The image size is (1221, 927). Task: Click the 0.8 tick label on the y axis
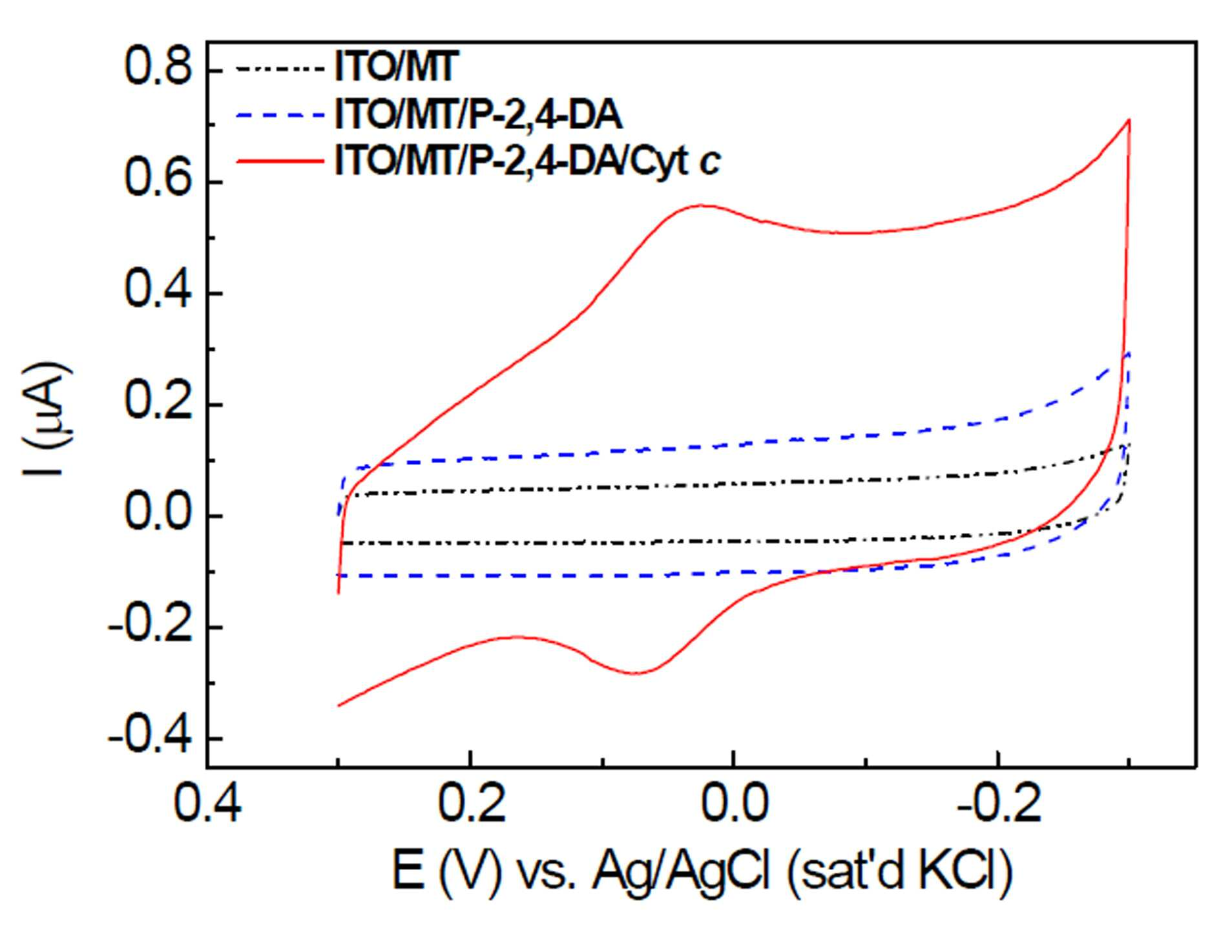pos(158,68)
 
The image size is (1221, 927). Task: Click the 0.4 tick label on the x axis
pos(208,805)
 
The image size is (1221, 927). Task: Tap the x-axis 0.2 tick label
pos(472,805)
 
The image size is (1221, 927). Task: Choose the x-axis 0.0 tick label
pos(735,805)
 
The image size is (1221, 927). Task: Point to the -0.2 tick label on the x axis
pos(999,805)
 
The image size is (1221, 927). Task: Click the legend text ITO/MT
pos(395,67)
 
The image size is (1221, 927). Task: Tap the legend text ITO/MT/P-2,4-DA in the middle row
pos(478,115)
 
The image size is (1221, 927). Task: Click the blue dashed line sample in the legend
pos(279,115)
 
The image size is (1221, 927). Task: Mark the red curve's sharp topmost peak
pos(1129,120)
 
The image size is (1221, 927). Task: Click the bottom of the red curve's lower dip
pos(636,673)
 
